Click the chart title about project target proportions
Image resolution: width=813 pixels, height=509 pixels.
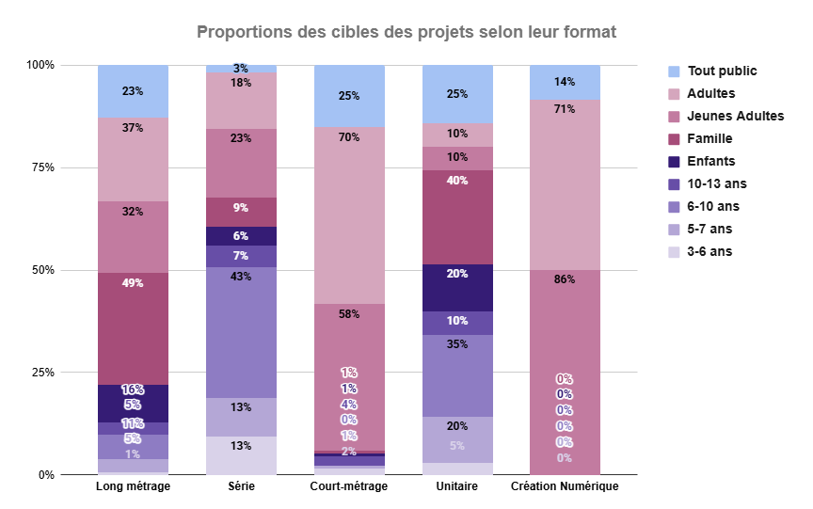406,33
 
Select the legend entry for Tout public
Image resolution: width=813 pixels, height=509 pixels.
722,71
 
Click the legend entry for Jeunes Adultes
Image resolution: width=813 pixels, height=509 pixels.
735,116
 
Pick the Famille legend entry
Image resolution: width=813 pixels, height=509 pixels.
711,138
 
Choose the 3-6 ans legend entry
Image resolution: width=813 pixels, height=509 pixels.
709,251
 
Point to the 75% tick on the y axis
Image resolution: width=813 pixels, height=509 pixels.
41,167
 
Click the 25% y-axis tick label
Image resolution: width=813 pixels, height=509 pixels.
41,373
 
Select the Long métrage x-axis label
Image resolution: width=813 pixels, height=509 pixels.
133,486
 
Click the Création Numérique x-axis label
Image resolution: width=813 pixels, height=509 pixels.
565,486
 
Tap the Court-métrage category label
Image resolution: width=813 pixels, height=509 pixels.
348,486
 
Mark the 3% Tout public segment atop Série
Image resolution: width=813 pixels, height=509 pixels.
241,69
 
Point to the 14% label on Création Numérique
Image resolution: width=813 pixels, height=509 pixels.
565,82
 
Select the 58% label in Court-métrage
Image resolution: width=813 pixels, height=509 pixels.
349,314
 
